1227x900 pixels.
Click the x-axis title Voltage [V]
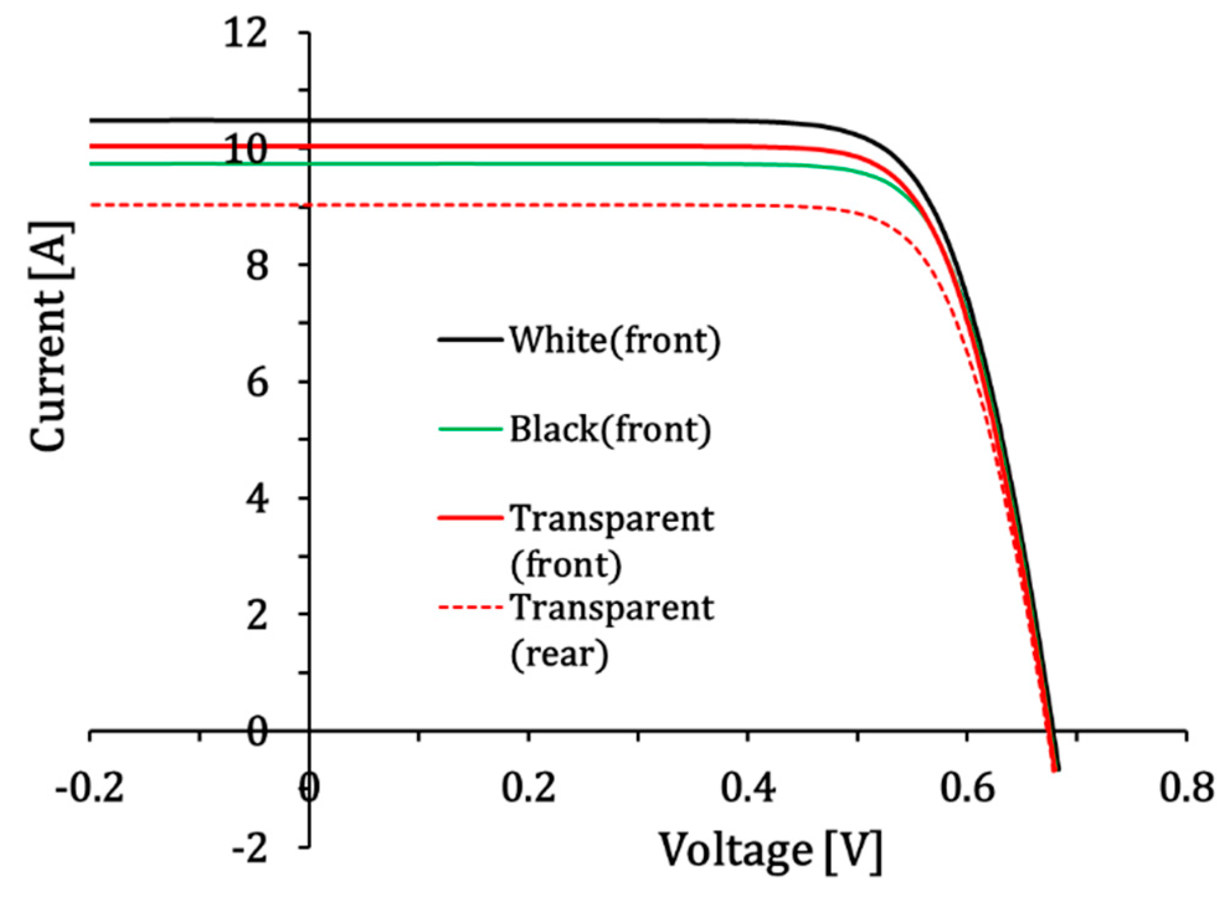770,850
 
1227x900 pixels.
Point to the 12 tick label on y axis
246,32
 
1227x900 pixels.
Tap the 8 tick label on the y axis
257,266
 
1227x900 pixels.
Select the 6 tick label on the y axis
257,382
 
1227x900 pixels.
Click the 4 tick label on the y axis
257,498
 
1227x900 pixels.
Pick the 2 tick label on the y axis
257,615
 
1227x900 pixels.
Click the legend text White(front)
615,340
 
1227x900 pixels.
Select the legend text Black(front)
610,429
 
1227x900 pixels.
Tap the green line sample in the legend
470,429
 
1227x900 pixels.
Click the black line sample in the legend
470,340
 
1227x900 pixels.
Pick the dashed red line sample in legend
470,607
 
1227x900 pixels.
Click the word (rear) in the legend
559,654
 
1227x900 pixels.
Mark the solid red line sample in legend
470,518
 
